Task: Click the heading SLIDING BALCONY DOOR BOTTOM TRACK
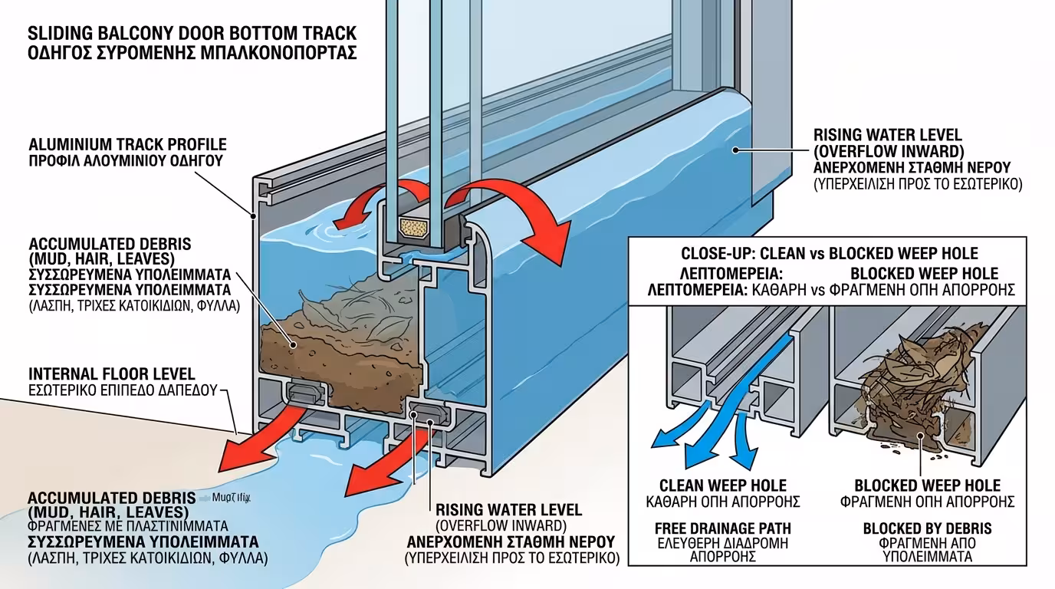click(x=192, y=34)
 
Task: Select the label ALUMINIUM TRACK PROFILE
click(x=127, y=144)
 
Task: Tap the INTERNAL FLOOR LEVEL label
click(x=112, y=374)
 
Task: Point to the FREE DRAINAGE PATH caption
click(x=722, y=528)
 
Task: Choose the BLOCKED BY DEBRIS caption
click(x=927, y=528)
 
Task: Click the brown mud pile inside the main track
click(x=337, y=349)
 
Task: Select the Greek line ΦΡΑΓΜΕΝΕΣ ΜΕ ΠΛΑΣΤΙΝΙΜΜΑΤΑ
click(x=127, y=526)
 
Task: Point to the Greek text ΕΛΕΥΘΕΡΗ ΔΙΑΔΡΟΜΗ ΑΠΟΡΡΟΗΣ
click(x=722, y=549)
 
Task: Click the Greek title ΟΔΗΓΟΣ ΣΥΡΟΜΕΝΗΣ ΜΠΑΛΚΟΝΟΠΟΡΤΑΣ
click(x=192, y=54)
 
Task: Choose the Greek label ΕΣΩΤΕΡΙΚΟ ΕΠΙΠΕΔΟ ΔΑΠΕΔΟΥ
click(x=123, y=389)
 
